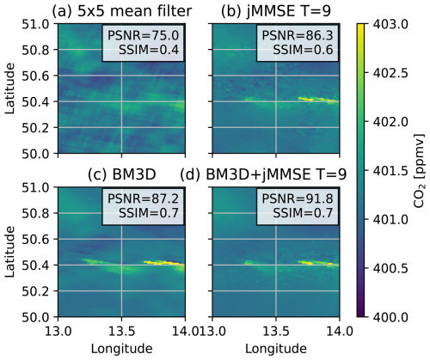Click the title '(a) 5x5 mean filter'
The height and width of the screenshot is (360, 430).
point(122,11)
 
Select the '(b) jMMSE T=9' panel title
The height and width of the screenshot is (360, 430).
point(276,11)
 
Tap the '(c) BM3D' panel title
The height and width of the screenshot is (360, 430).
point(122,174)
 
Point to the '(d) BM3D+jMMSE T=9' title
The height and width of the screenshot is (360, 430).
point(264,174)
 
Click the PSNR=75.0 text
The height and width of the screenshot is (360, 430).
point(143,36)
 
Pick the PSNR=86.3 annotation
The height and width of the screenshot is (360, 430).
point(298,36)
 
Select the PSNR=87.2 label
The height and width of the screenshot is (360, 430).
point(143,199)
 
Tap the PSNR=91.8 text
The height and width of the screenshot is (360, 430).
point(298,199)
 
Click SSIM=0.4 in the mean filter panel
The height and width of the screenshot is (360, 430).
point(149,50)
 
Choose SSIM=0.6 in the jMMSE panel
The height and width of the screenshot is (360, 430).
point(303,50)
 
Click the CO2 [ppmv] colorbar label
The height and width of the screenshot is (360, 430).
point(420,170)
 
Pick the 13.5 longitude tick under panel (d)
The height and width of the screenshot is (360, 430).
point(276,332)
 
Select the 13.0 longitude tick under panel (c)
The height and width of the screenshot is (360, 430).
point(58,332)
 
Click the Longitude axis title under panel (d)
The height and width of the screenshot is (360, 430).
point(276,349)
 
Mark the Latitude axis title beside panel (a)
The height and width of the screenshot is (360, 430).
point(9,88)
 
